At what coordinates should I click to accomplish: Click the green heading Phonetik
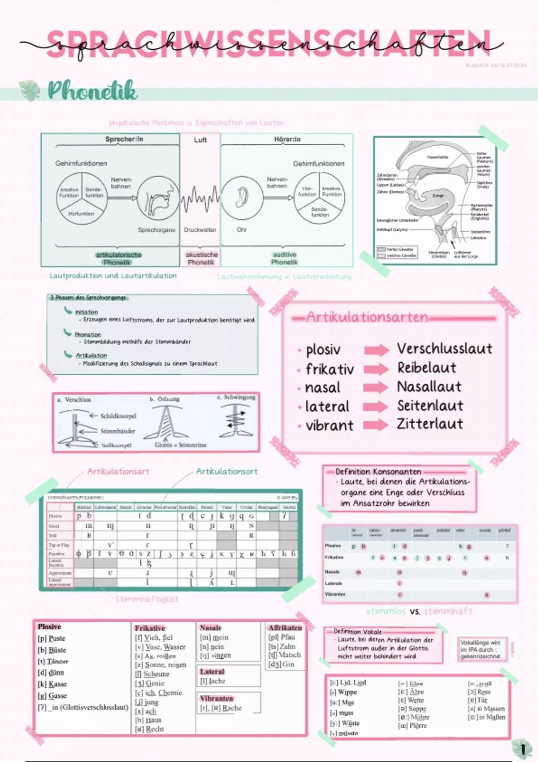pos(92,91)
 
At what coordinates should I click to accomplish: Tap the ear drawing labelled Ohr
pos(242,197)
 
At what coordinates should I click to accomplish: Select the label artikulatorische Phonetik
pos(118,258)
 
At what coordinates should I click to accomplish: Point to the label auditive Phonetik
pos(284,258)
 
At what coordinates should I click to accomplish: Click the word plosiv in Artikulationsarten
pos(323,350)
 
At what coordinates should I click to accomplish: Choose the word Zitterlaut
pos(430,424)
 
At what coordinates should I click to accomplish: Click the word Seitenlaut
pos(430,405)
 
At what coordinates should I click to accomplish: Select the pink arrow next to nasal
pos(376,387)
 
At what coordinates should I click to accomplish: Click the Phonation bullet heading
pos(87,334)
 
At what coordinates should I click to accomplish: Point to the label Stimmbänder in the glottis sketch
pos(117,431)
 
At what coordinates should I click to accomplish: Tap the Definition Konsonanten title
pos(378,472)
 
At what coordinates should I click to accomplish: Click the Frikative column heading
pos(150,628)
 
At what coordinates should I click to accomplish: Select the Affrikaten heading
pos(285,628)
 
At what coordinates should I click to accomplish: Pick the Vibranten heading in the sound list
pos(217,698)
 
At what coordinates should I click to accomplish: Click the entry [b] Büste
pos(52,650)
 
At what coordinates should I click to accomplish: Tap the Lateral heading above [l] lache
pos(212,671)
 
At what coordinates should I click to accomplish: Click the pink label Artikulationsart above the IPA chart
pos(118,472)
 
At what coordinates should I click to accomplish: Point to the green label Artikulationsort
pos(226,472)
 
